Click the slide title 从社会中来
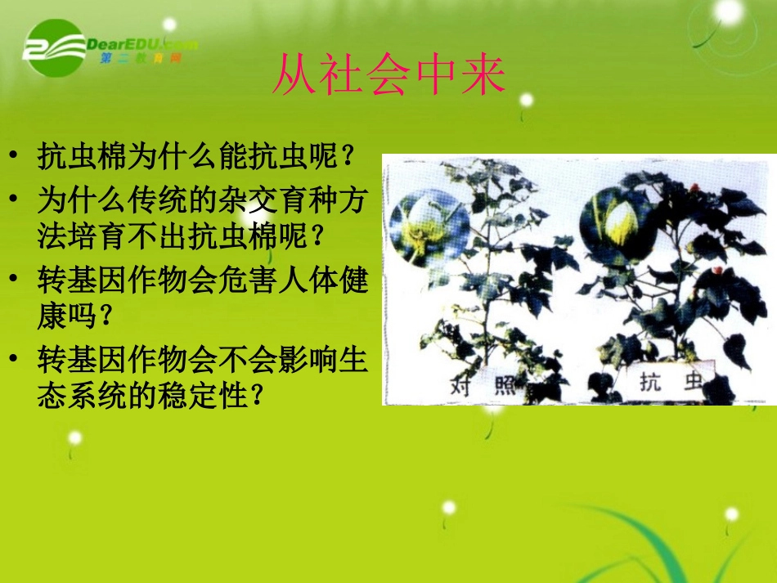click(388, 76)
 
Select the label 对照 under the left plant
click(483, 383)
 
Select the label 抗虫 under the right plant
click(671, 381)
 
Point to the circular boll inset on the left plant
click(428, 222)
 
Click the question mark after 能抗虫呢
click(348, 156)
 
